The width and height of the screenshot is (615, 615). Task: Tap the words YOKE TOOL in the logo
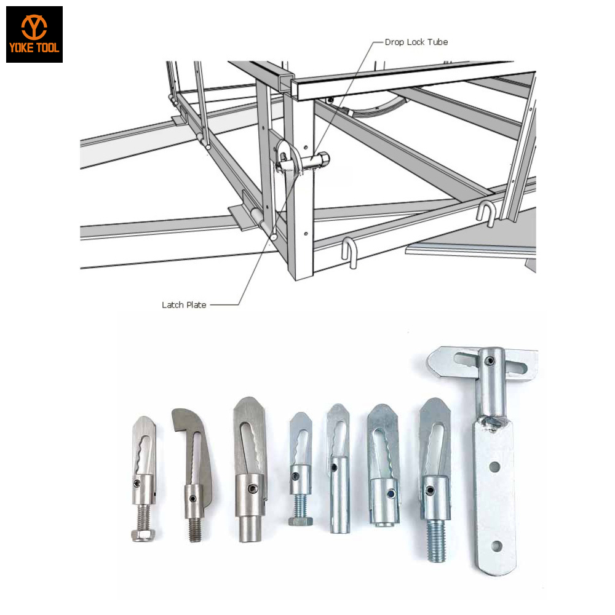click(x=34, y=48)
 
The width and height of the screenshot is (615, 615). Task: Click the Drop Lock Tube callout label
click(x=416, y=42)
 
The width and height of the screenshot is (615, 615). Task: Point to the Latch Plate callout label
click(x=184, y=304)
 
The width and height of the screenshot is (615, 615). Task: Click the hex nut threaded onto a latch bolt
click(x=143, y=533)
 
